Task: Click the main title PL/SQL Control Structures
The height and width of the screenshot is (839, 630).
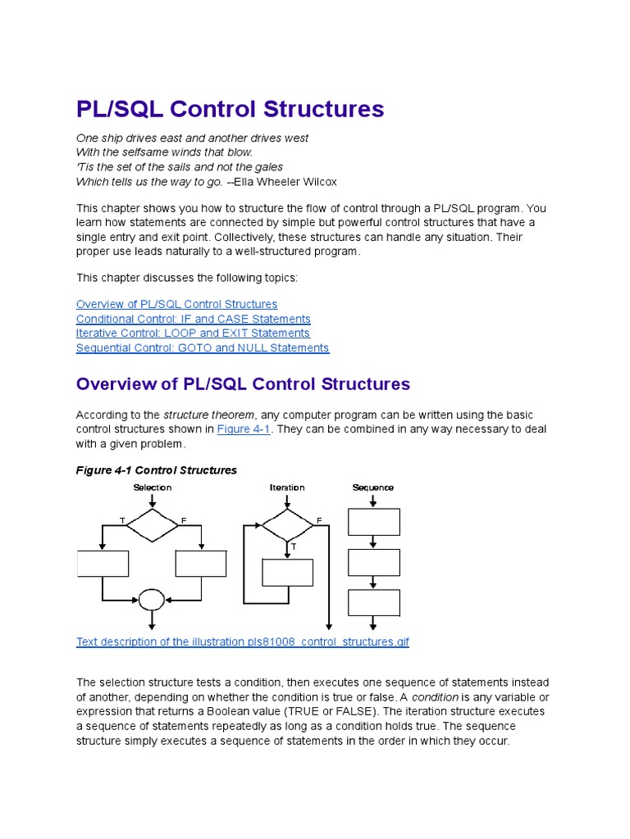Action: click(x=230, y=109)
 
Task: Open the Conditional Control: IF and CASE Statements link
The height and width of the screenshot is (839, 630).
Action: click(x=193, y=319)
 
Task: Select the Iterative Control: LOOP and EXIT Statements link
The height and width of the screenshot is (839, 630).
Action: click(x=193, y=333)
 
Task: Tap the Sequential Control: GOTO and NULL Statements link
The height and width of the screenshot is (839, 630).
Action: click(x=203, y=348)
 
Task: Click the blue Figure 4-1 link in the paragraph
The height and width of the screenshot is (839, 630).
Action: click(x=244, y=429)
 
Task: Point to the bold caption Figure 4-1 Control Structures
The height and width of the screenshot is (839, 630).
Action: click(x=156, y=470)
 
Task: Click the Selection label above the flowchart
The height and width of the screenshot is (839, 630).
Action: click(x=153, y=488)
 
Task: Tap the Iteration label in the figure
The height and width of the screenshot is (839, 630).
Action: click(x=287, y=488)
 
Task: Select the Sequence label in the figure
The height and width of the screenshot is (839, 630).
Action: click(x=373, y=488)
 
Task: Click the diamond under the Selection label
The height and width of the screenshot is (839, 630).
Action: click(x=152, y=524)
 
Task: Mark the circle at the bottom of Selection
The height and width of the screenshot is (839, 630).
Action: click(x=152, y=601)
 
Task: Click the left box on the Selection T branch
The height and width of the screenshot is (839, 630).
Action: click(x=103, y=564)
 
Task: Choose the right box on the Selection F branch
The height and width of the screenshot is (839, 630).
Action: click(x=201, y=564)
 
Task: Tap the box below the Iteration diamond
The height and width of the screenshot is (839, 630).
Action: click(x=287, y=572)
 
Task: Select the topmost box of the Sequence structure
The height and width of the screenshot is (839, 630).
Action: click(x=374, y=522)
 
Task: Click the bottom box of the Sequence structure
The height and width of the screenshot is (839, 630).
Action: click(x=374, y=602)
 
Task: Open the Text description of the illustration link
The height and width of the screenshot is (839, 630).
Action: click(x=242, y=642)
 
